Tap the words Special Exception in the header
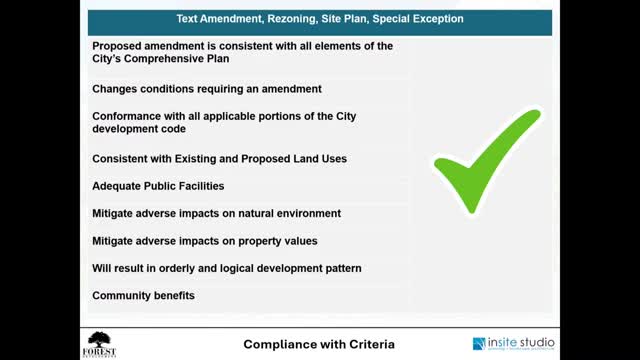click(x=420, y=19)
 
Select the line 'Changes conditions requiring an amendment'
click(x=207, y=89)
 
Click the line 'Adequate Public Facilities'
click(x=158, y=186)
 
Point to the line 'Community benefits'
click(x=144, y=296)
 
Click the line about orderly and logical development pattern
click(x=227, y=268)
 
